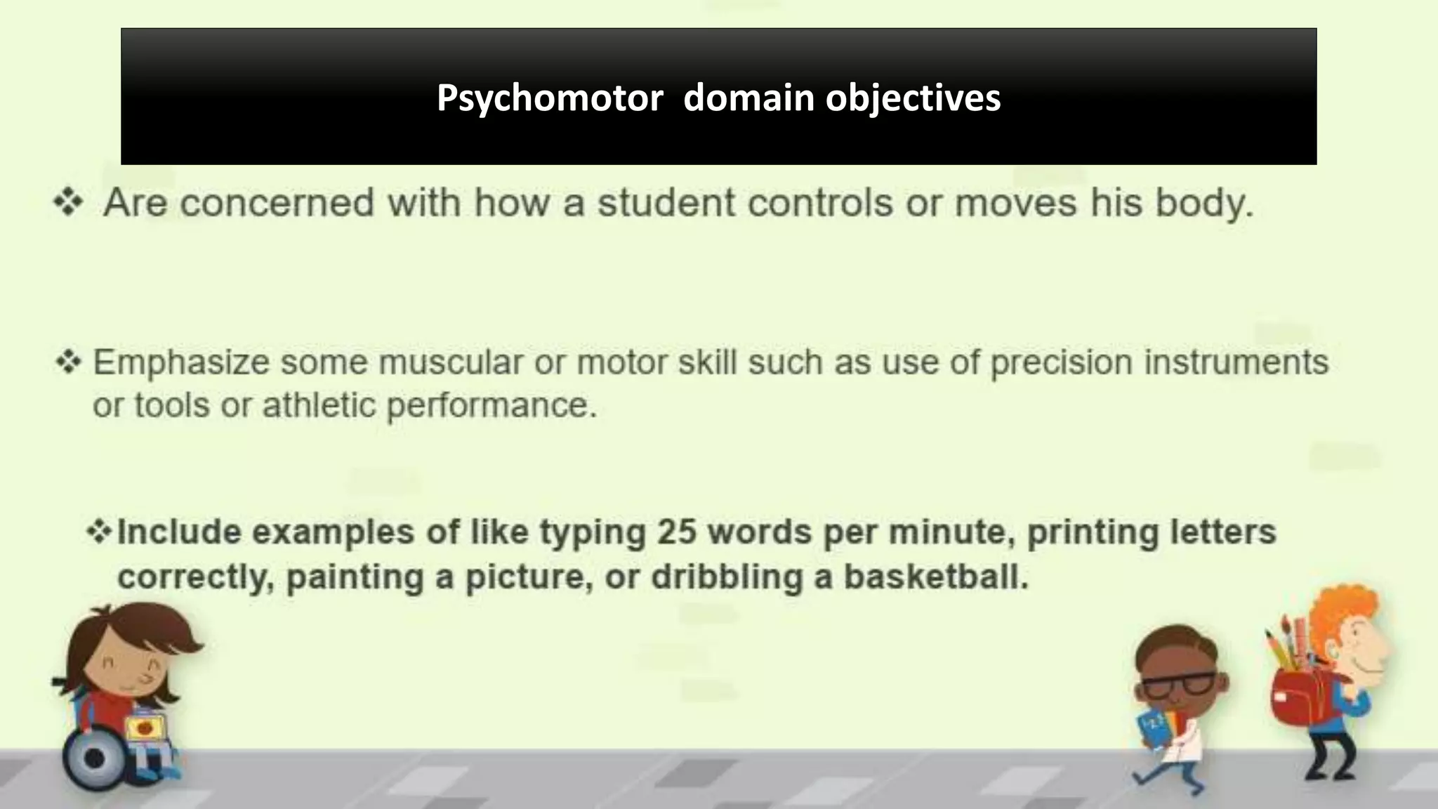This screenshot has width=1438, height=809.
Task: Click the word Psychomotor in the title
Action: [x=549, y=98]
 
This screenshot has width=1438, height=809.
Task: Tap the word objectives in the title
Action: [x=913, y=98]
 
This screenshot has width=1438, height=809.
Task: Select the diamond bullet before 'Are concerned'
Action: [x=69, y=203]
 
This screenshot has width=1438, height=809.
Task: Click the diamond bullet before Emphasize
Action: [x=69, y=362]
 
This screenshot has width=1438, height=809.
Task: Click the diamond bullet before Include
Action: [x=99, y=532]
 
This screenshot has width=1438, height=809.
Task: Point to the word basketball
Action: [x=935, y=577]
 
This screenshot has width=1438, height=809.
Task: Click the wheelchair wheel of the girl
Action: [x=95, y=758]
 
